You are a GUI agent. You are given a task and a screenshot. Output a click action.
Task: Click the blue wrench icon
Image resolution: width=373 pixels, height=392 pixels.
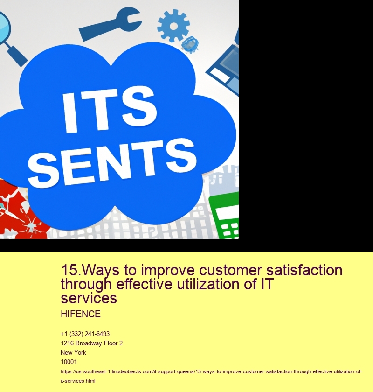tap(110, 24)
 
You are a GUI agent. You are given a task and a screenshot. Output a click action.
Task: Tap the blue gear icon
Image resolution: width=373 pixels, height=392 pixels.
tap(173, 26)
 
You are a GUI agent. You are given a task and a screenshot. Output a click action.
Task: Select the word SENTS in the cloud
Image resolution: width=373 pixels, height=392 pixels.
tap(112, 162)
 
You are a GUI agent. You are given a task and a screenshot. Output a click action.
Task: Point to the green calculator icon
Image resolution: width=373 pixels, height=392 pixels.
tap(224, 216)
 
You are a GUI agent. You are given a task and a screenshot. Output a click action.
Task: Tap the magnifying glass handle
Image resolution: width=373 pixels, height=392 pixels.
tap(17, 56)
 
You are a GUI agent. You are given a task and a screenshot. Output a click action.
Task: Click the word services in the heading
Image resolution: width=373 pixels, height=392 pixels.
tap(89, 298)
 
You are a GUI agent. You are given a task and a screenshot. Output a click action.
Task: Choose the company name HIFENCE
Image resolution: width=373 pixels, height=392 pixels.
tap(81, 314)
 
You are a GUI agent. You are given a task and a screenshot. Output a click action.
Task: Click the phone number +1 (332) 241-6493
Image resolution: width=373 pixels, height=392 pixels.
tap(85, 334)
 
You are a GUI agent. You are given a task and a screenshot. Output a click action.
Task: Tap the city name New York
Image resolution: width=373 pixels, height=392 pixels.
tap(73, 352)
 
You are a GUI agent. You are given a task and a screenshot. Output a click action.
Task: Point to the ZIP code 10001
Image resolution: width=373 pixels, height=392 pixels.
tap(69, 362)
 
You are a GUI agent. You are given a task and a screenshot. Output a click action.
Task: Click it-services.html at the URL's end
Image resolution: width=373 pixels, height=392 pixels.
tap(78, 381)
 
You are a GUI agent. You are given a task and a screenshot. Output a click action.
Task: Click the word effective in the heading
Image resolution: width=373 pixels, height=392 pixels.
tap(144, 284)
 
